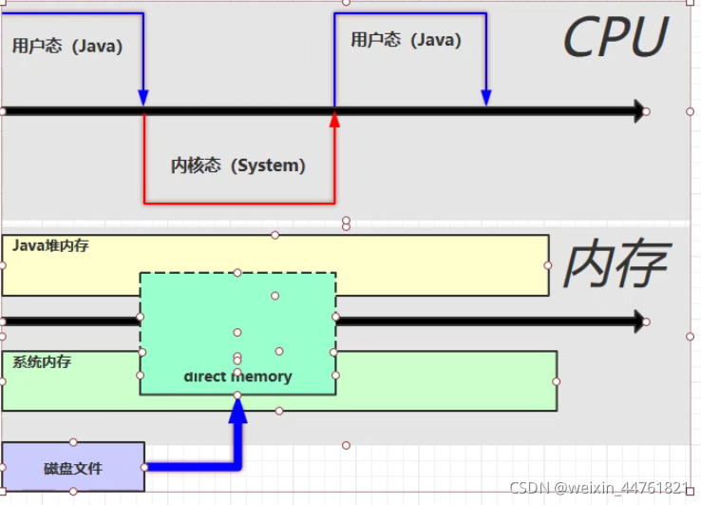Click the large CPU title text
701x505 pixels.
[x=615, y=39]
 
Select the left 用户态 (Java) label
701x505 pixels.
[x=67, y=46]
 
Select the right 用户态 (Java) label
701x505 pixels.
[x=406, y=40]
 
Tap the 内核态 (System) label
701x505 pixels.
[x=238, y=165]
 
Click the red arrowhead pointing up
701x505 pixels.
[x=334, y=119]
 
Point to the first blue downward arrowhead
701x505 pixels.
[x=143, y=97]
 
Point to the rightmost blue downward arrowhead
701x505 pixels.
[x=486, y=97]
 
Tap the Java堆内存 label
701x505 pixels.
[x=50, y=245]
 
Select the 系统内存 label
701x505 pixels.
[x=42, y=362]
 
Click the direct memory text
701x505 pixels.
[x=237, y=377]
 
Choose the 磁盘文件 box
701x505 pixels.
[x=73, y=467]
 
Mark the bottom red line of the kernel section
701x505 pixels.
[x=238, y=203]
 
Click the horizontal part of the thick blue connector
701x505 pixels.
[x=190, y=466]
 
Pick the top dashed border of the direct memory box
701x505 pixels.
[x=237, y=274]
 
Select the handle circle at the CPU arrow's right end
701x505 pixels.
[x=646, y=111]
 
